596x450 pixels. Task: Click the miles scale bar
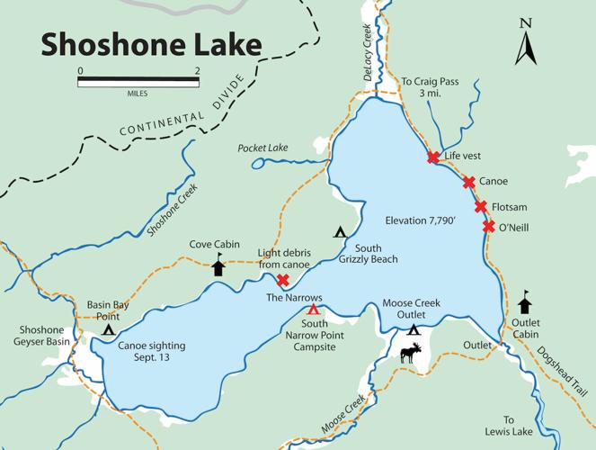point(138,81)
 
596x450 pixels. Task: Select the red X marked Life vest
point(432,157)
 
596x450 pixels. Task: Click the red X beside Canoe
point(468,182)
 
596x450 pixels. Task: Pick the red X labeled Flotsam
point(481,207)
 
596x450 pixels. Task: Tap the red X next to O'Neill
point(488,226)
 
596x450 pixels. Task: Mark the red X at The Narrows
point(283,281)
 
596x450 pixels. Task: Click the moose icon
point(410,353)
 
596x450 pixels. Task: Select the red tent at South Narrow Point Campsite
point(313,310)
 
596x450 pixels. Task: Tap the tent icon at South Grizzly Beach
point(341,232)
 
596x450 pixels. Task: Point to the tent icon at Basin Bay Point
point(108,330)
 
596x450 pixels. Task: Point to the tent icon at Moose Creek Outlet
point(414,330)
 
